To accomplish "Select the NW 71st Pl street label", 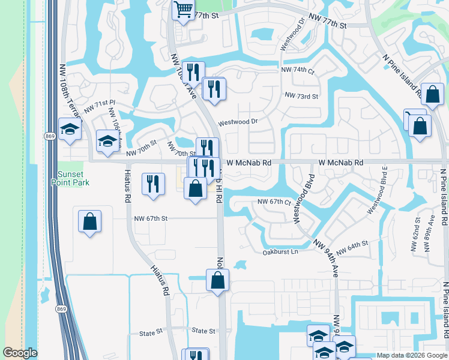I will point(100,106).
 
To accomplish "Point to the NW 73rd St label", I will point(301,96).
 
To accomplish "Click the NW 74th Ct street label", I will point(298,70).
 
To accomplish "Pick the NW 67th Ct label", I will point(274,202).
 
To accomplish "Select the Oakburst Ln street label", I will point(280,252).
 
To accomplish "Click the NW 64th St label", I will point(352,246).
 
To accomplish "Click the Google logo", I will point(19,353).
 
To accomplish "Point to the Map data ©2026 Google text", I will point(412,355).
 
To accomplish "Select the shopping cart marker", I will point(183,9).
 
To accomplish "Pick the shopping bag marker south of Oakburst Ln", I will point(217,280).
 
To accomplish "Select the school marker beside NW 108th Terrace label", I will point(70,129).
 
